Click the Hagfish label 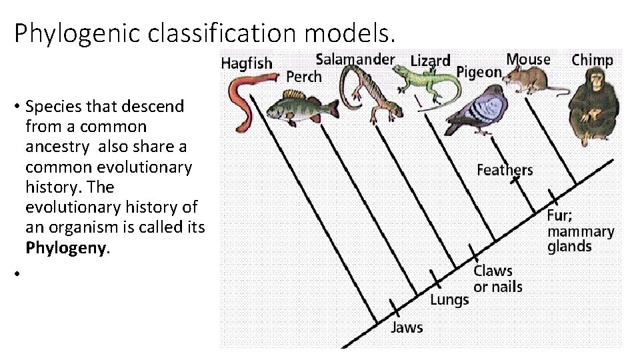(x=247, y=63)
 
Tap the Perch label (x=303, y=77)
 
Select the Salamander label (x=355, y=59)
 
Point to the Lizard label (x=430, y=61)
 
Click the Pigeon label (x=479, y=71)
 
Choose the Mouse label (x=528, y=59)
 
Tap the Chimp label (x=592, y=60)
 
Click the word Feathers (x=505, y=170)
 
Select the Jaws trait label (x=407, y=327)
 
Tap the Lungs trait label (x=449, y=299)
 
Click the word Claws (x=493, y=271)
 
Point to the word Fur (x=559, y=216)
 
